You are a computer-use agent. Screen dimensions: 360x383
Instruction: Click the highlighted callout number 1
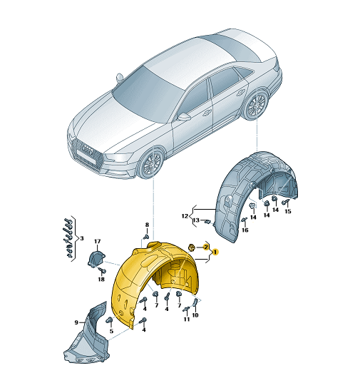[x=215, y=252]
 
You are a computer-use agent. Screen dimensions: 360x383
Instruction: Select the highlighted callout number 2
[x=206, y=247]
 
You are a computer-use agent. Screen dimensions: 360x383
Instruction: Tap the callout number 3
[x=82, y=238]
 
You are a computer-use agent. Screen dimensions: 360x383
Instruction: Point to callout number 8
[x=147, y=225]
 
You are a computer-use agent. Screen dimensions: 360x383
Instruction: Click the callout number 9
[x=76, y=322]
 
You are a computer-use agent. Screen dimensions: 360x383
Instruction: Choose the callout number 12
[x=185, y=216]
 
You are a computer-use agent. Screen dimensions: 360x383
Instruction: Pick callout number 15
[x=288, y=211]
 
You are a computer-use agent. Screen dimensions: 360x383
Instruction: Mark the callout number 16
[x=245, y=230]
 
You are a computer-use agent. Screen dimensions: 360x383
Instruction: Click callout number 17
[x=98, y=241]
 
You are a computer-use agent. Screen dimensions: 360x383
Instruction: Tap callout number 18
[x=101, y=279]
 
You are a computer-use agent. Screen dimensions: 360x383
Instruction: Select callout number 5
[x=111, y=331]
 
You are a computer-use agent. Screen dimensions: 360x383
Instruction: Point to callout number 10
[x=195, y=315]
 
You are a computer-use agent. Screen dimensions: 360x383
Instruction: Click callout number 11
[x=187, y=319]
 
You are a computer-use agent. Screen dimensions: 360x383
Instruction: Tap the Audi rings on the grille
[x=87, y=150]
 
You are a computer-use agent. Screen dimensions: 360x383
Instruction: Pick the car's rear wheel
[x=256, y=106]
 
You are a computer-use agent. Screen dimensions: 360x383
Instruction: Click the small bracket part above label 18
[x=96, y=259]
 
